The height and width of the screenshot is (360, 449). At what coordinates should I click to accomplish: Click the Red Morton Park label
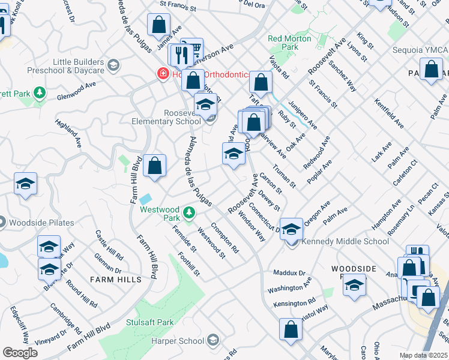290,43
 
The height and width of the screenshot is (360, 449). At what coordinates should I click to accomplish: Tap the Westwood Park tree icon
189,212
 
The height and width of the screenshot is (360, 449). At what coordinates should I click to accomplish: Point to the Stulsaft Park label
150,322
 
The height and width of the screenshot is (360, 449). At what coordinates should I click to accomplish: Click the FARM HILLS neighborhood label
116,280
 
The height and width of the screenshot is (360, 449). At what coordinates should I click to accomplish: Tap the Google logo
20,352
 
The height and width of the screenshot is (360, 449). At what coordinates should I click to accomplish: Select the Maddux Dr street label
289,272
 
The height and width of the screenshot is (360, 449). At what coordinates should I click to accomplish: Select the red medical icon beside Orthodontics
162,74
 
